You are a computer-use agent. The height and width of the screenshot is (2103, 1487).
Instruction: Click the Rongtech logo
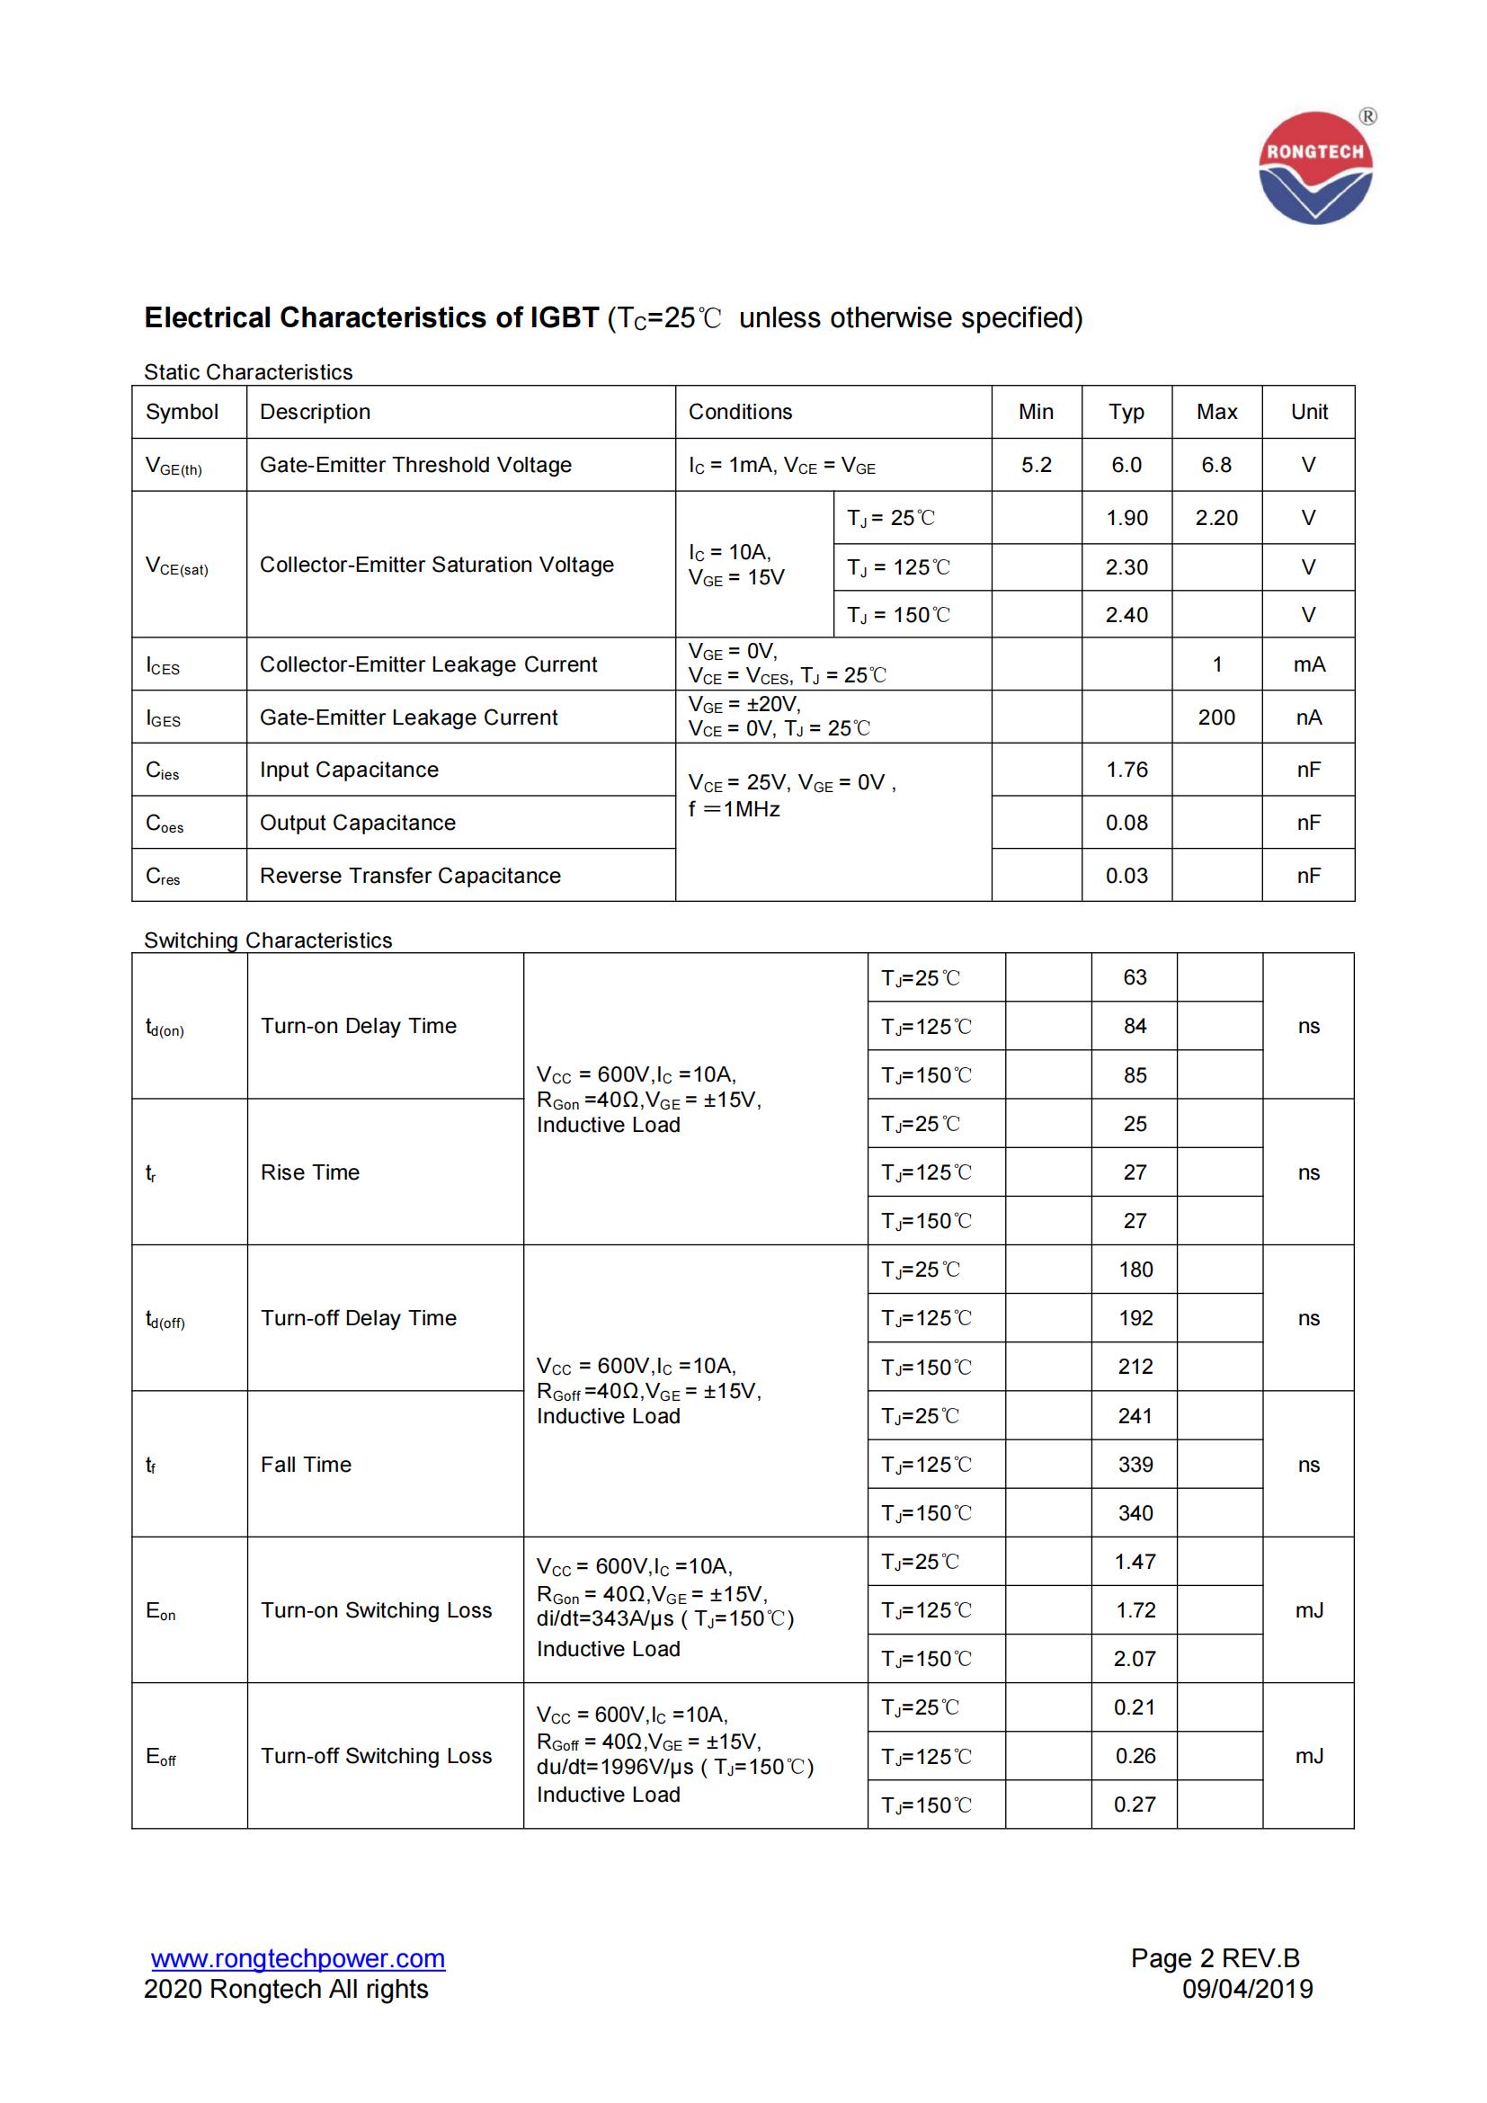pos(1315,167)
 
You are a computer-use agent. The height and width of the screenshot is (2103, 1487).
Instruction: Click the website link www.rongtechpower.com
pos(298,1958)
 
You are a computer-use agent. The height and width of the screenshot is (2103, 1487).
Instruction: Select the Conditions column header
pos(740,412)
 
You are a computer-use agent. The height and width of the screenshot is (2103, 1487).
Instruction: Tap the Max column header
pos(1216,412)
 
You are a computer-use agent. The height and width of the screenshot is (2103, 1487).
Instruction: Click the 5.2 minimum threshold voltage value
pos(1036,466)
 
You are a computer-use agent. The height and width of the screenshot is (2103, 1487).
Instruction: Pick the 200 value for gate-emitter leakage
pos(1216,717)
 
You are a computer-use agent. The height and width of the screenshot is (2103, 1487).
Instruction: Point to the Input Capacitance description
pos(349,770)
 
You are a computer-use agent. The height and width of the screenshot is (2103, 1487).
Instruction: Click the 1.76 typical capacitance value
pos(1126,770)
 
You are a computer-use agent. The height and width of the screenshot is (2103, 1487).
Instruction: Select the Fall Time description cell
pos(306,1465)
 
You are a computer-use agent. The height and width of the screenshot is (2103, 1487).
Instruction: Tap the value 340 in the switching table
pos(1135,1513)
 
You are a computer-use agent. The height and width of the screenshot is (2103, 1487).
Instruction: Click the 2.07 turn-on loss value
pos(1135,1659)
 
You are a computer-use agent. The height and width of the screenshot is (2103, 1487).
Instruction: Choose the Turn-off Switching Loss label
pos(376,1756)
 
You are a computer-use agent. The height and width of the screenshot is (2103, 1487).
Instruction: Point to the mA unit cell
pos(1308,664)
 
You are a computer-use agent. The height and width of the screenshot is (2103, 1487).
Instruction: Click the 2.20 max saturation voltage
pos(1216,519)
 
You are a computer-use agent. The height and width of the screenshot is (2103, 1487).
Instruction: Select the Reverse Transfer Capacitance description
pos(409,876)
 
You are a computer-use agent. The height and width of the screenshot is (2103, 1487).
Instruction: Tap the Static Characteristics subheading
pos(247,372)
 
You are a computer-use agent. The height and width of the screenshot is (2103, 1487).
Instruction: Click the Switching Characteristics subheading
pos(267,940)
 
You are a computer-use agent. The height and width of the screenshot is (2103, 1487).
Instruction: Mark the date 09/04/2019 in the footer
pos(1247,1989)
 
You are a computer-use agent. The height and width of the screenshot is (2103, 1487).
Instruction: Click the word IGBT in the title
pos(564,317)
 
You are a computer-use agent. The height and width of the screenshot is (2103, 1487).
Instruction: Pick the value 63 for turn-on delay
pos(1135,977)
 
